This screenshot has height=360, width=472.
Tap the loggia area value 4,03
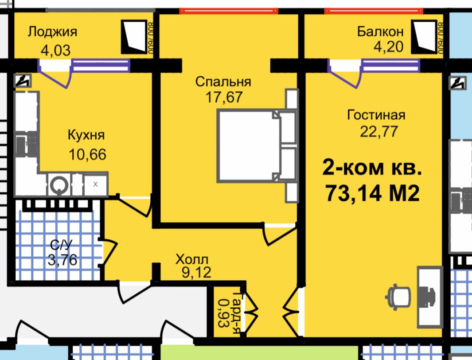pyautogui.click(x=56, y=50)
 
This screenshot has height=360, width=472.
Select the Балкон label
pyautogui.click(x=380, y=31)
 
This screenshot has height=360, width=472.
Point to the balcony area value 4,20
pyautogui.click(x=388, y=47)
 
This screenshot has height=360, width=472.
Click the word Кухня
pyautogui.click(x=86, y=135)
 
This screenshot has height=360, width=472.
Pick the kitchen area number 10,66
pyautogui.click(x=88, y=154)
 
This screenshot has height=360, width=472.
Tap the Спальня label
pyautogui.click(x=223, y=82)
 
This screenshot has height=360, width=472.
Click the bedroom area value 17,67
pyautogui.click(x=224, y=97)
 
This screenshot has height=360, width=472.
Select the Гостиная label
pyautogui.click(x=376, y=115)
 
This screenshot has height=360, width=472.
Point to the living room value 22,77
pyautogui.click(x=379, y=132)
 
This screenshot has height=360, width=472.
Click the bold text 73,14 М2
pyautogui.click(x=372, y=193)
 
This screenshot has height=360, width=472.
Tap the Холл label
pyautogui.click(x=192, y=259)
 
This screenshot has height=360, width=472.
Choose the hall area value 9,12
pyautogui.click(x=196, y=272)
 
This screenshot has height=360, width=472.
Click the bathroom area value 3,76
pyautogui.click(x=62, y=260)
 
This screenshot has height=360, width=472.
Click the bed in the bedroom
pyautogui.click(x=257, y=146)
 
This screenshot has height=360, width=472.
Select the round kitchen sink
pyautogui.click(x=59, y=184)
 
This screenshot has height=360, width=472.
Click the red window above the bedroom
pyautogui.click(x=229, y=11)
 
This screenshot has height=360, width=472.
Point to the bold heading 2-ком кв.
pyautogui.click(x=372, y=167)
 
